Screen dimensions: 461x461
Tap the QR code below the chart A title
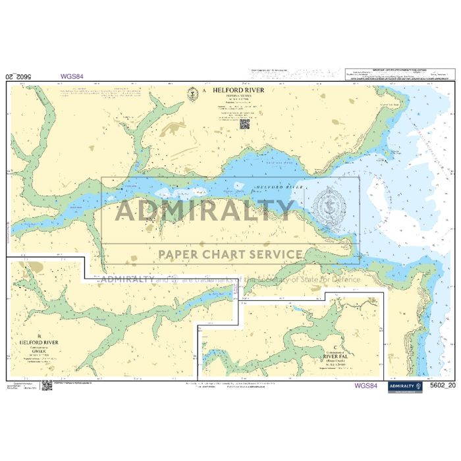click(244, 123)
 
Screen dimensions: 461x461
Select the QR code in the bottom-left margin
click(47, 385)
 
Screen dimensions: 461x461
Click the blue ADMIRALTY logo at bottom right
click(404, 387)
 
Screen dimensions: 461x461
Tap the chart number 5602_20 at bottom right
click(441, 386)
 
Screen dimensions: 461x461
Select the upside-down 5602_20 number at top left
click(18, 76)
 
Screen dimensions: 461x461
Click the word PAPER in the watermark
click(177, 254)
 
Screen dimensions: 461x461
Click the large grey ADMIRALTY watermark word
click(204, 210)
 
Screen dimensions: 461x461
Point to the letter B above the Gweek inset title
click(39, 336)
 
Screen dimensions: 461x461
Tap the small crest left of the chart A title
click(192, 94)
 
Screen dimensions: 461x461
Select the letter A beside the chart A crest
click(204, 91)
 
